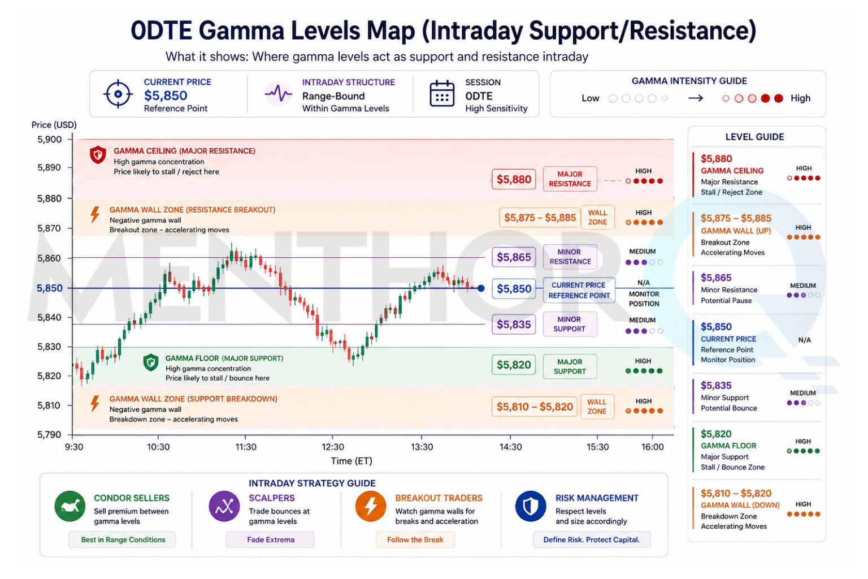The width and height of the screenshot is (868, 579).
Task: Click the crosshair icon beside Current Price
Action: (118, 94)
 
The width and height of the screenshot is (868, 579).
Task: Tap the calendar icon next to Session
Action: (442, 93)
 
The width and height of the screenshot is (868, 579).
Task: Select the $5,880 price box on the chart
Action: (514, 179)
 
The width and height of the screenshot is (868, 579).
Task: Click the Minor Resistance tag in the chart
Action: (570, 257)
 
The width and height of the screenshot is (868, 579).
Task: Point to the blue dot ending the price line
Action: (481, 288)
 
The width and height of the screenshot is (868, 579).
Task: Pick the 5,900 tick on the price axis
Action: (50, 139)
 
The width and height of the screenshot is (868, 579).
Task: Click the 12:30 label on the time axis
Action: (332, 447)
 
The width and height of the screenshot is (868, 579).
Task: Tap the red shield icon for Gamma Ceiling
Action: (98, 155)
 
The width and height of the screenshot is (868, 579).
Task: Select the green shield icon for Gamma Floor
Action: (151, 362)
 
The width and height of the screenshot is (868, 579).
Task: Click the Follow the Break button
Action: (415, 539)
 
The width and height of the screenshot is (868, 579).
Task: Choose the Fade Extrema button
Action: (271, 539)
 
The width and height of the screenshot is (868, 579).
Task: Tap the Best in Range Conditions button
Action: (123, 539)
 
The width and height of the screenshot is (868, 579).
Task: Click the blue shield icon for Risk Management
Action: (531, 506)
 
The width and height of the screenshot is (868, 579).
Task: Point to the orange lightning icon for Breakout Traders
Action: (371, 506)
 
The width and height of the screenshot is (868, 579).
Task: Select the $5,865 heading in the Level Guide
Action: (716, 278)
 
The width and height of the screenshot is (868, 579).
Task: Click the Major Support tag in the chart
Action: (570, 366)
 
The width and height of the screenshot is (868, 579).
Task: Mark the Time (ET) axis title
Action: (351, 461)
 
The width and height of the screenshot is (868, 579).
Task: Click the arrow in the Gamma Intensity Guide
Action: (696, 98)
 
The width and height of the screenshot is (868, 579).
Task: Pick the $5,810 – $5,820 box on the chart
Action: (535, 407)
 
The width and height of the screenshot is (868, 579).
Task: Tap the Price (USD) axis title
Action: (54, 125)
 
